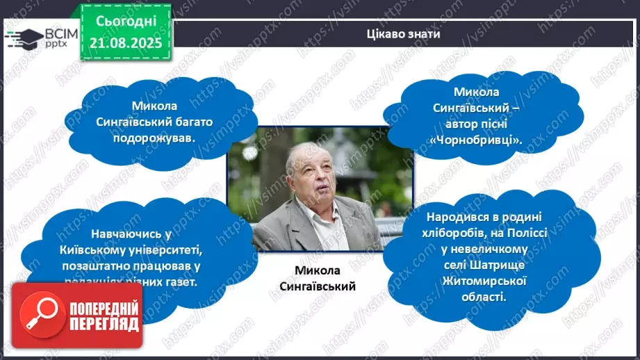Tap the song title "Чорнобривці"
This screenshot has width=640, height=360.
487,140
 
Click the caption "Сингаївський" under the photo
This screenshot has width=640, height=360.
320,286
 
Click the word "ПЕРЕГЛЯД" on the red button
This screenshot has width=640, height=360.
104,325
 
